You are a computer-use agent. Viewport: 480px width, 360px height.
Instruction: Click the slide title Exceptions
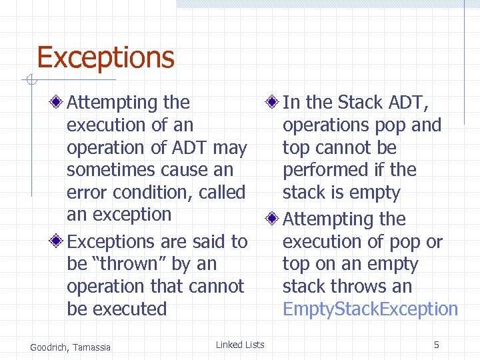(x=105, y=57)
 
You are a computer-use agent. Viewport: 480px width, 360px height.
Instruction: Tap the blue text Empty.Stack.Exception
(x=370, y=309)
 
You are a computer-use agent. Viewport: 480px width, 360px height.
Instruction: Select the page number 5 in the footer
(x=436, y=345)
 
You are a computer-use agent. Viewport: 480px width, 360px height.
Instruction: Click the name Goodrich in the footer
(x=49, y=346)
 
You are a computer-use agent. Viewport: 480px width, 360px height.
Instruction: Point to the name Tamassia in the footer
(x=92, y=346)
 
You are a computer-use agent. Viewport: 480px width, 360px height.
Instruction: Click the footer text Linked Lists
(x=240, y=345)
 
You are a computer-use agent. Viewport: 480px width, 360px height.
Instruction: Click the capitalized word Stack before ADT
(x=360, y=103)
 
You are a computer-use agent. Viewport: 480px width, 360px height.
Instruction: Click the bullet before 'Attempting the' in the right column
(x=272, y=219)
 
